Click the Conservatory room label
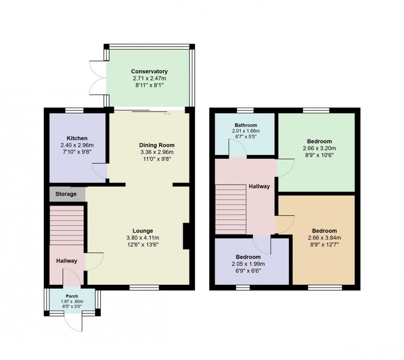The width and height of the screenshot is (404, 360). [x=150, y=71]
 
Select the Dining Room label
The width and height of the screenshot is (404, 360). [x=157, y=145]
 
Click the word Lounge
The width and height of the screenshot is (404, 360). [x=143, y=231]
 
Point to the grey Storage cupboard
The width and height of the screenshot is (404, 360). [x=67, y=194]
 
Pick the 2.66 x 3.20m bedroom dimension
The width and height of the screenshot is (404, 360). [x=319, y=148]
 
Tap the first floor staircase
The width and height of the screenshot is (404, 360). [x=231, y=210]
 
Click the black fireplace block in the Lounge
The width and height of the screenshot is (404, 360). [x=186, y=237]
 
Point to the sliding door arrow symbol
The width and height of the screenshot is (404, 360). [x=167, y=114]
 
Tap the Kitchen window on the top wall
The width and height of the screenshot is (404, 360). [x=74, y=110]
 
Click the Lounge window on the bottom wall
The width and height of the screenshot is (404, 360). [x=144, y=287]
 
